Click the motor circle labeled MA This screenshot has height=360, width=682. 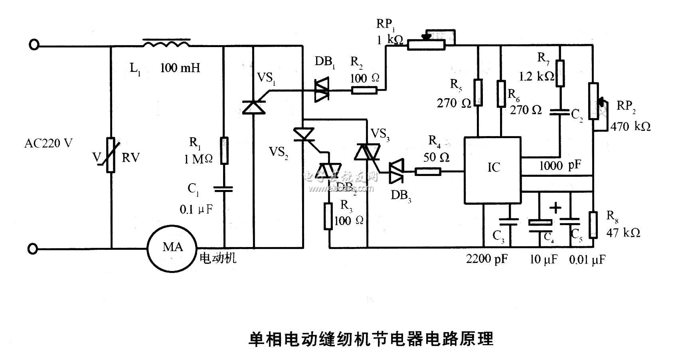(x=172, y=248)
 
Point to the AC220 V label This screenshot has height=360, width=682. (x=48, y=143)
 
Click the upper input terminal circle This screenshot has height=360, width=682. (x=34, y=45)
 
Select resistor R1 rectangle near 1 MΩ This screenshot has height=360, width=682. (x=224, y=150)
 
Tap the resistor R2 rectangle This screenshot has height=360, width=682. (x=364, y=91)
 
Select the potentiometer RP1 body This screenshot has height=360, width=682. (x=426, y=44)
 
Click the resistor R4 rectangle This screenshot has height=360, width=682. (x=428, y=172)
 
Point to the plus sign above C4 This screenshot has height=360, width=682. (x=555, y=208)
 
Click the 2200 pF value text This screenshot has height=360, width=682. (x=486, y=259)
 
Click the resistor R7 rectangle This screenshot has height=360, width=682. (x=560, y=73)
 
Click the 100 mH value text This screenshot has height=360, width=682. (x=180, y=68)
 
